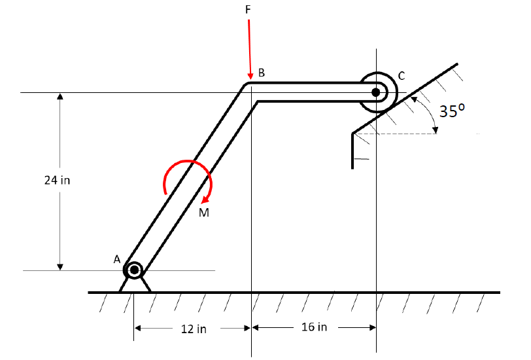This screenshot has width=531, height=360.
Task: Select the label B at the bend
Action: click(262, 73)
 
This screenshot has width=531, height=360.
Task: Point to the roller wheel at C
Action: click(376, 92)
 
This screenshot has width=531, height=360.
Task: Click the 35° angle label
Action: click(452, 111)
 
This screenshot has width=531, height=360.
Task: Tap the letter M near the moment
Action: click(205, 212)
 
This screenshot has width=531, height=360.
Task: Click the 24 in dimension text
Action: click(57, 181)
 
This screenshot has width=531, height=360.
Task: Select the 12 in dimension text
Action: click(194, 329)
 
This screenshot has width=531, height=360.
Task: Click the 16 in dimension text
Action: click(314, 327)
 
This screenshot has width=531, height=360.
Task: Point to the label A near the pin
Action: click(117, 259)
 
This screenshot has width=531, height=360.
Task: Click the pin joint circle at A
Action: click(134, 269)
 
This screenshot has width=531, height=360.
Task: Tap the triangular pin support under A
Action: click(135, 285)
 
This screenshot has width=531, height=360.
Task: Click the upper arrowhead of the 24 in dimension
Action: click(60, 97)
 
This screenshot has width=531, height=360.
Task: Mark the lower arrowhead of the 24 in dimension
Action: click(60, 266)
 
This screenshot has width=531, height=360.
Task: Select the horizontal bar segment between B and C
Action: click(307, 92)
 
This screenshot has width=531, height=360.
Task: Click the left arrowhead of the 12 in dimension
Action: click(139, 328)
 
